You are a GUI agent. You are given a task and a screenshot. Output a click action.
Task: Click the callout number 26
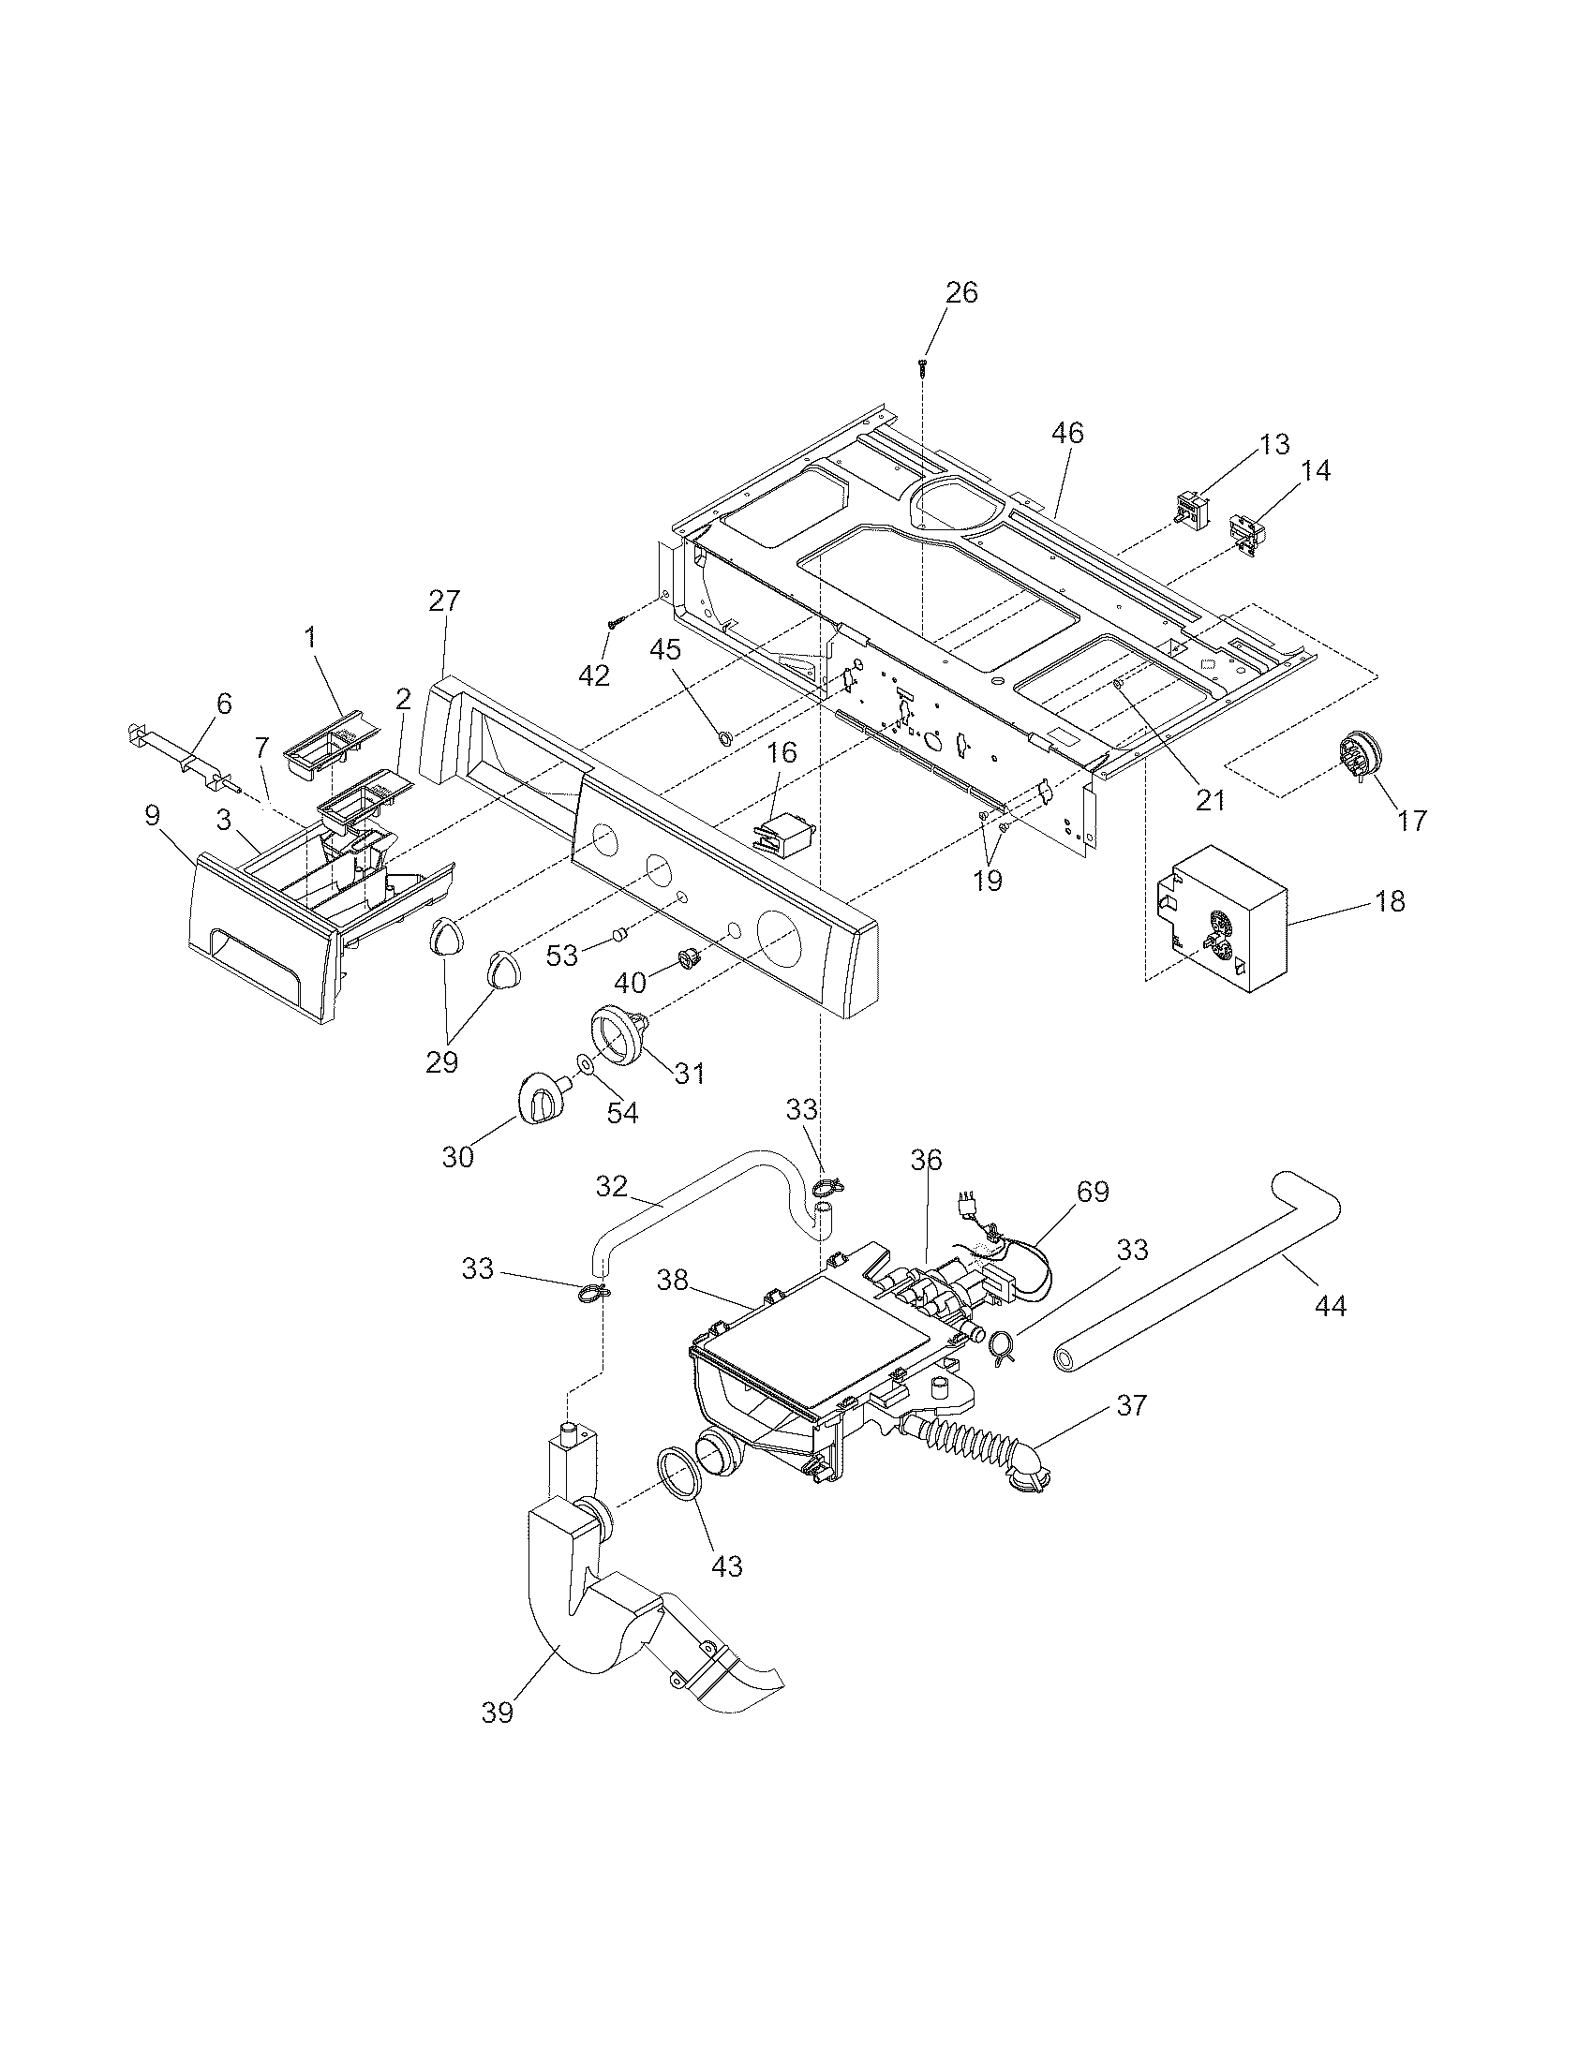click(961, 292)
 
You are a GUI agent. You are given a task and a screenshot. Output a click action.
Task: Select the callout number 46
click(1067, 433)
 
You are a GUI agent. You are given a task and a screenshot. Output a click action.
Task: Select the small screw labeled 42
click(616, 622)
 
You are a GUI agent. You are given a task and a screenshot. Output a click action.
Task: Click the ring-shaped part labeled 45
click(723, 737)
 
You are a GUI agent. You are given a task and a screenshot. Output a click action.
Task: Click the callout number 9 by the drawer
click(153, 815)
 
